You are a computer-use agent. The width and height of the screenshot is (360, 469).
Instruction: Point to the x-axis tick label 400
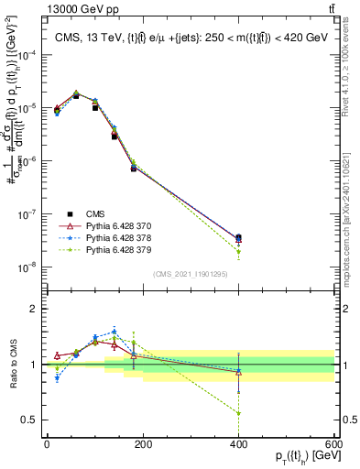coord(238,444)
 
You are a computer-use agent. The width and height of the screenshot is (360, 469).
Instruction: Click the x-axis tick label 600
coord(333,444)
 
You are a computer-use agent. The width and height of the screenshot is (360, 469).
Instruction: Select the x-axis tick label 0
coord(47,444)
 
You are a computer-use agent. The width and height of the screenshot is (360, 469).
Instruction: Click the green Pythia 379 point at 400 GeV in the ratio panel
coord(238,413)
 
